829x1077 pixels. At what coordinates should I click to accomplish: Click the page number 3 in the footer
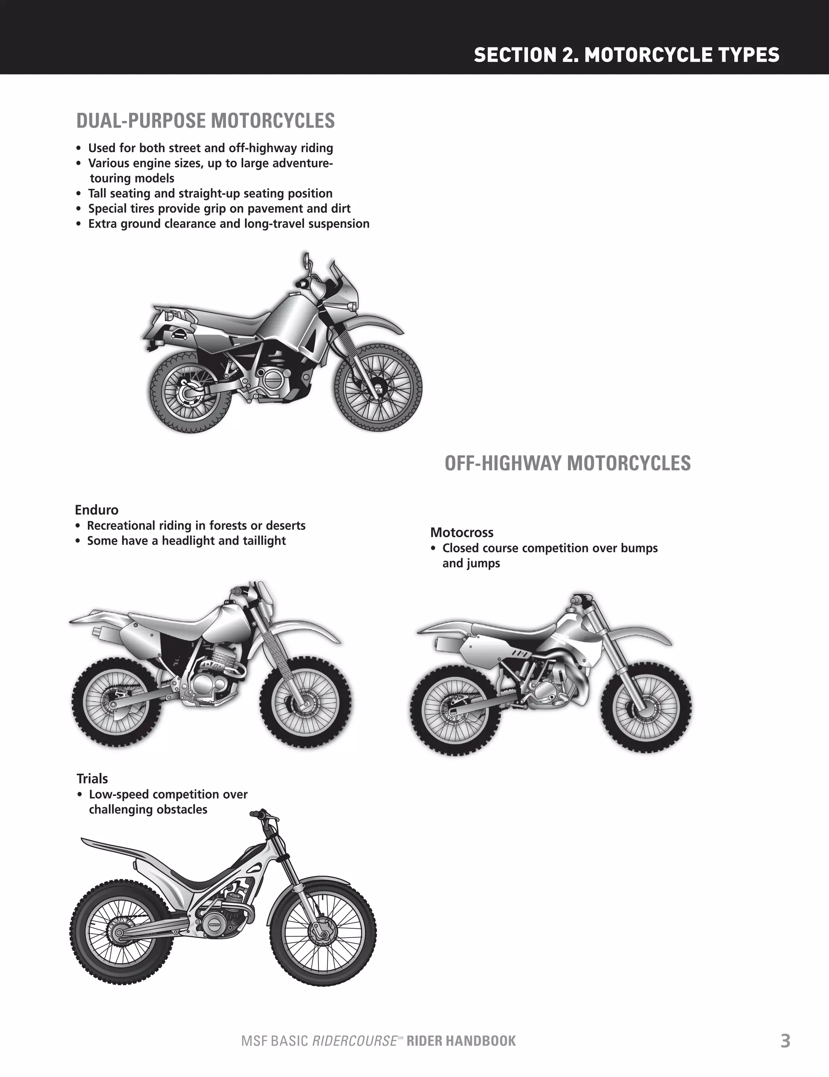785,1041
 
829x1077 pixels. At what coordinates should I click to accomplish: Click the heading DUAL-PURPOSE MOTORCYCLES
206,121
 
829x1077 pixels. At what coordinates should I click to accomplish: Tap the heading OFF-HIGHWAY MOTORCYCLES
567,463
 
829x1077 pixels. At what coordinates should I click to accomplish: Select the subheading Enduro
97,510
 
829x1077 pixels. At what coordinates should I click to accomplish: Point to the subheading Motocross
461,533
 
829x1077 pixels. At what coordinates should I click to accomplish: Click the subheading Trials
92,778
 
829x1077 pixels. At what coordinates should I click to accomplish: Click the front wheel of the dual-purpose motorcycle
378,388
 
